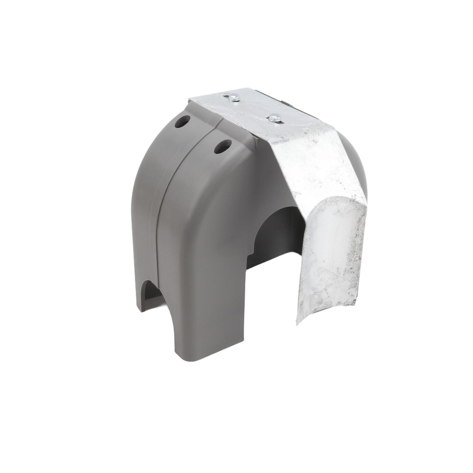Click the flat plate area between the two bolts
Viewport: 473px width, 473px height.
pyautogui.click(x=253, y=108)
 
